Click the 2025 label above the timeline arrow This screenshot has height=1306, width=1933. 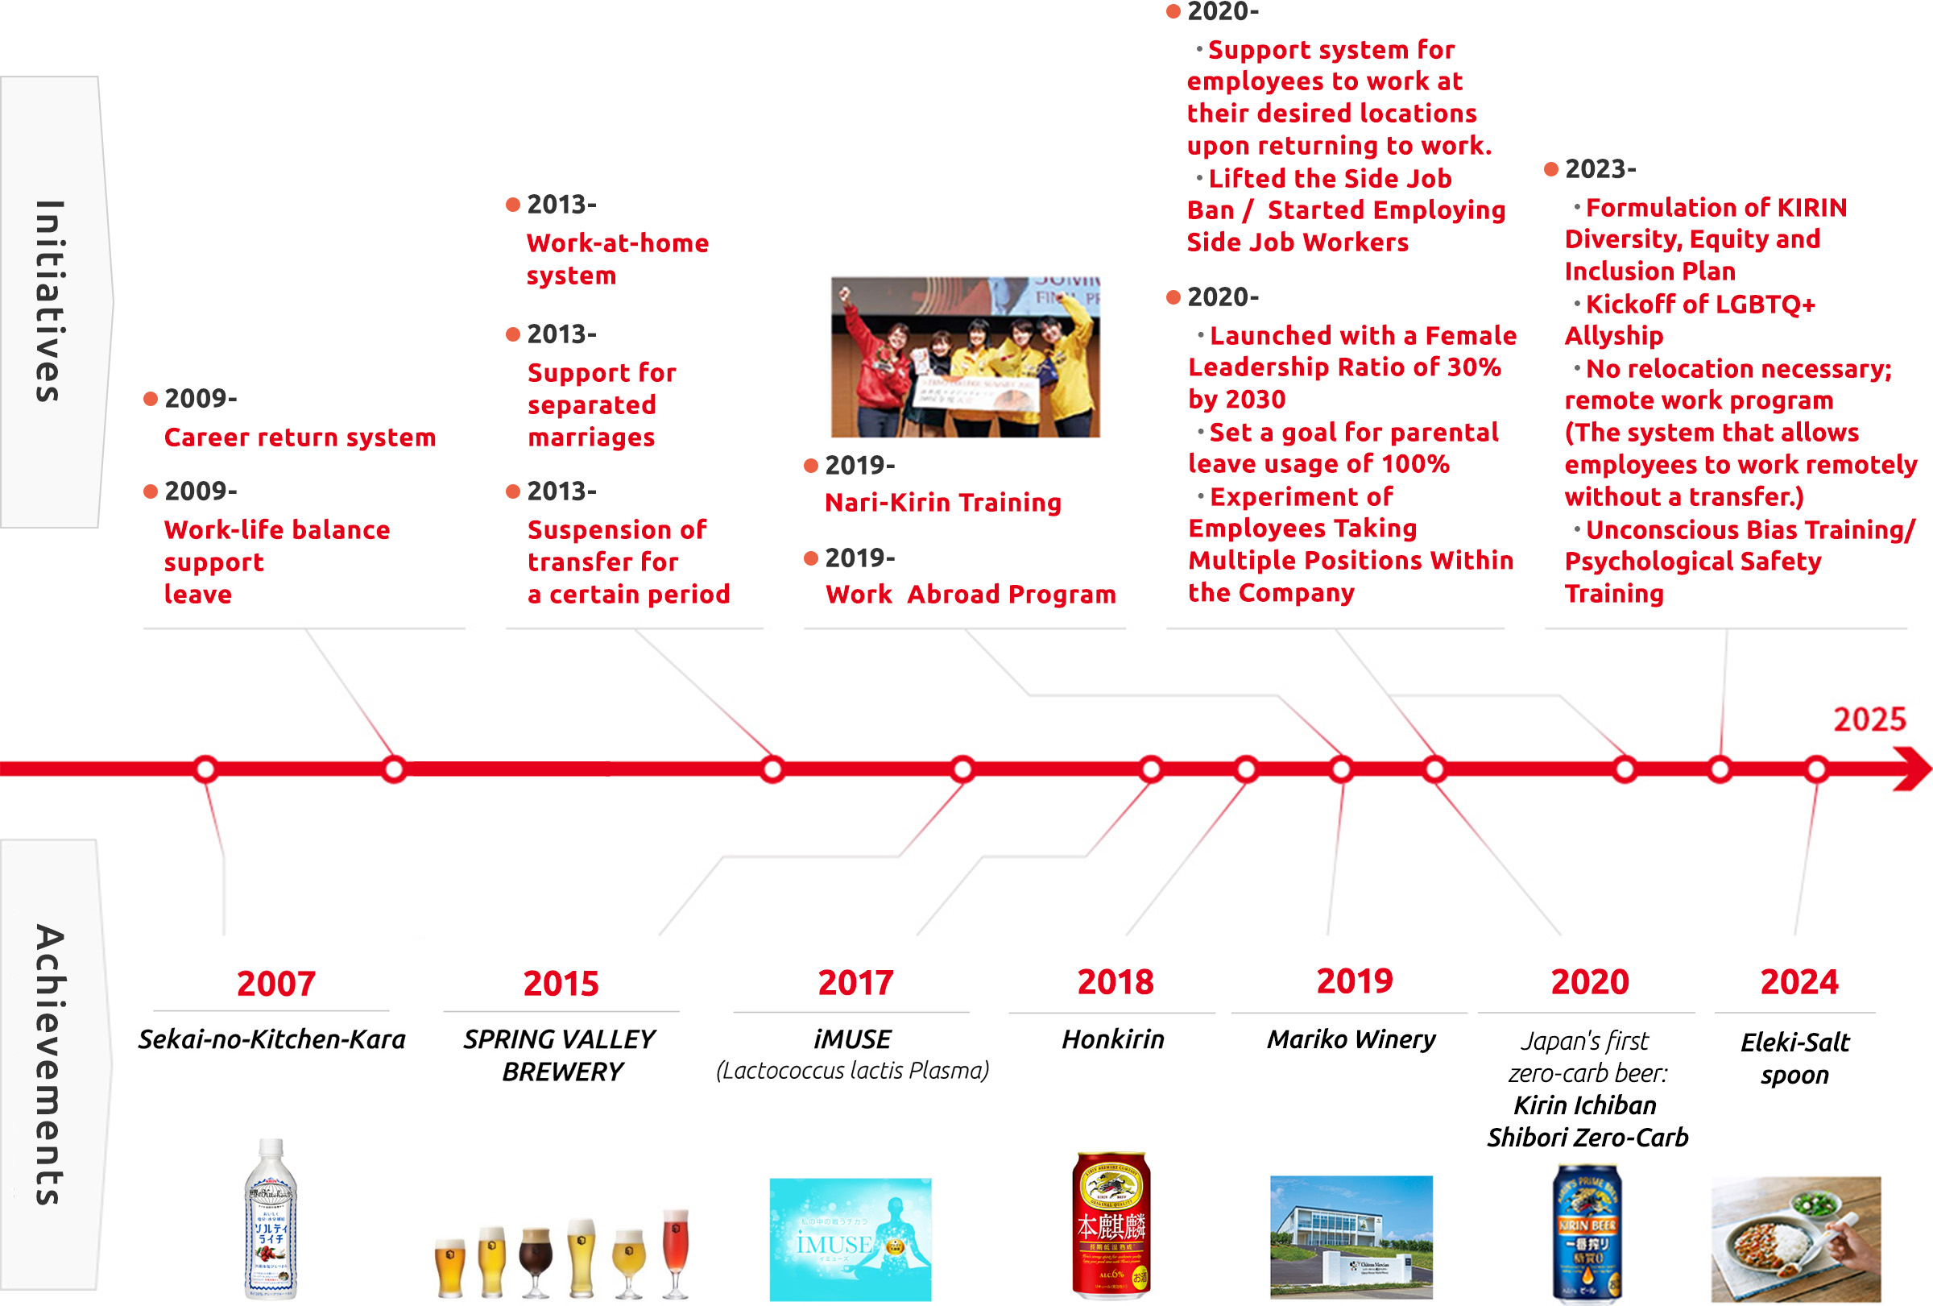1869,719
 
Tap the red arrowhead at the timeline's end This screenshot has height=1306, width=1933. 1912,769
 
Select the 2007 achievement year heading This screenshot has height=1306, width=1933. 275,983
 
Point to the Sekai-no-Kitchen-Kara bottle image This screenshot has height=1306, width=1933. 271,1219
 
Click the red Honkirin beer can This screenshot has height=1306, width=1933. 1111,1225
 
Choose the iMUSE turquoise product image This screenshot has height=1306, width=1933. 850,1239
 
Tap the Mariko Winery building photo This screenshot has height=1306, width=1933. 1351,1236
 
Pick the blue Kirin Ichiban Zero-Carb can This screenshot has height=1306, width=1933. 1586,1233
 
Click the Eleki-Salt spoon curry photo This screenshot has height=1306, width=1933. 1795,1238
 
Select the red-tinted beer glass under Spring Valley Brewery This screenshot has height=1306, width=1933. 676,1252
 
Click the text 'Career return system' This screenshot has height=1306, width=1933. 300,437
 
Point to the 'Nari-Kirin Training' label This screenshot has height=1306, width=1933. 942,503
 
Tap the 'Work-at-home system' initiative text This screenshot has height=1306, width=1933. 616,259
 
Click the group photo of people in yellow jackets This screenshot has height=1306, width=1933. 965,357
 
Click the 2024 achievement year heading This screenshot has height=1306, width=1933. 1798,982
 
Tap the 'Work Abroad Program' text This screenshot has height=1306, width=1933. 970,595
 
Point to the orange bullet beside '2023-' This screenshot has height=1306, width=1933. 1550,170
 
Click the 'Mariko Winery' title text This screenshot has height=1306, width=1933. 1351,1040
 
